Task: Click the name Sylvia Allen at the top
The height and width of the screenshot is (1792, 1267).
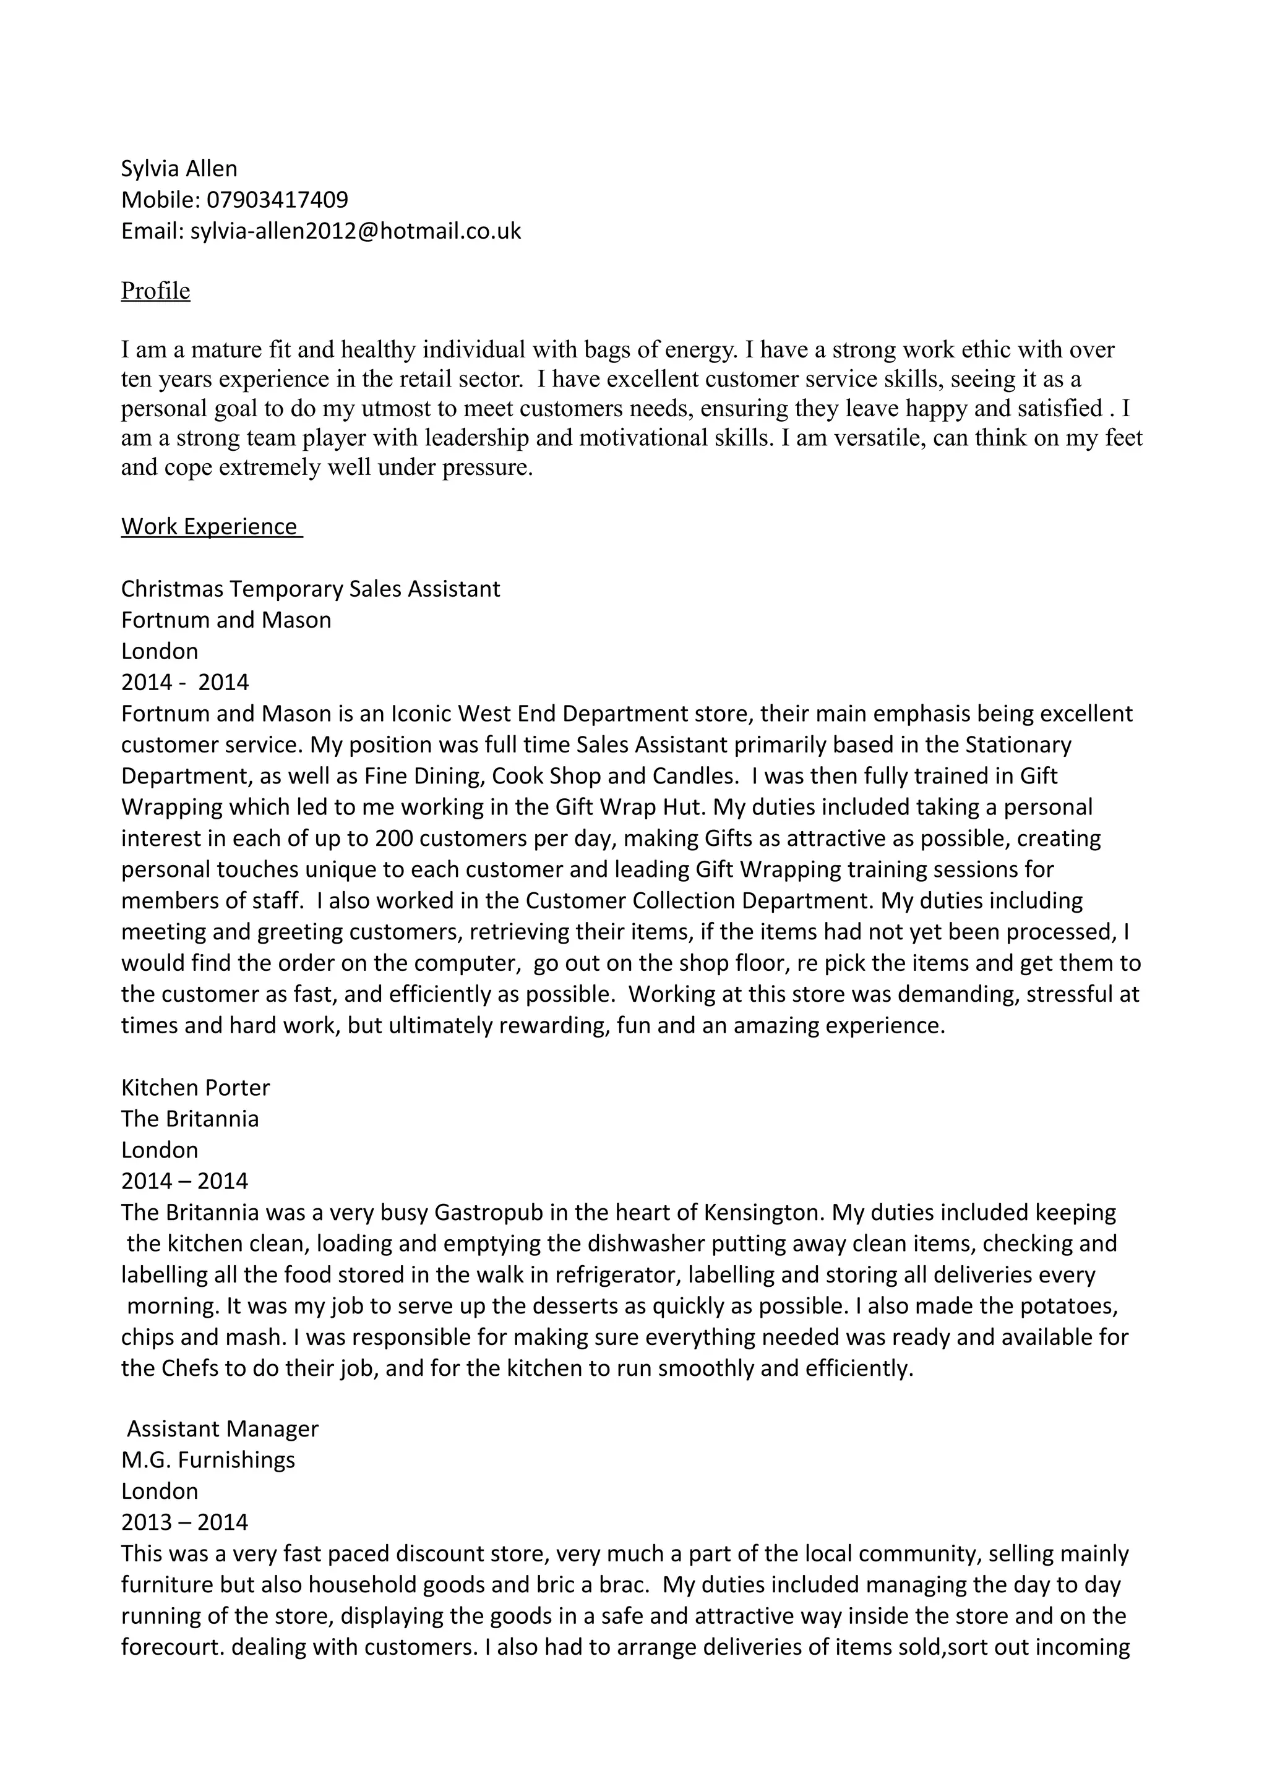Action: pyautogui.click(x=179, y=169)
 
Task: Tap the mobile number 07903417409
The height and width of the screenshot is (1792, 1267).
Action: pyautogui.click(x=277, y=200)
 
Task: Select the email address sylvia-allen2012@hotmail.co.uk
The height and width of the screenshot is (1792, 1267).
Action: pyautogui.click(x=355, y=231)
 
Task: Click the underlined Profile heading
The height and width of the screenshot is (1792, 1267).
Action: pyautogui.click(x=155, y=291)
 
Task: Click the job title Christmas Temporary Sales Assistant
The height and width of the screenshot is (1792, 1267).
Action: pyautogui.click(x=310, y=589)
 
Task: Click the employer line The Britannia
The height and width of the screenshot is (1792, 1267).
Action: pyautogui.click(x=190, y=1119)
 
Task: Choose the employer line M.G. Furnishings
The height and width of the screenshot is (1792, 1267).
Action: pyautogui.click(x=208, y=1459)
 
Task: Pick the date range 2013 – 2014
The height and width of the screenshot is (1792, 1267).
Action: pyautogui.click(x=184, y=1522)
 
